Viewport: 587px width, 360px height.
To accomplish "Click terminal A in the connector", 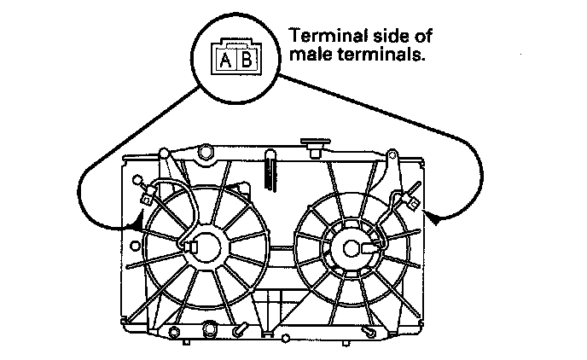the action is (226, 61).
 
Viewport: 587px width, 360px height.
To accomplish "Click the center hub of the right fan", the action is (352, 247).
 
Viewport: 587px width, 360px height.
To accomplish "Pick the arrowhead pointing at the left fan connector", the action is (136, 225).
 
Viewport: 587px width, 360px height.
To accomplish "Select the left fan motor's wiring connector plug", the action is (147, 200).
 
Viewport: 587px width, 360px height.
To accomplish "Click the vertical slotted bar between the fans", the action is (270, 171).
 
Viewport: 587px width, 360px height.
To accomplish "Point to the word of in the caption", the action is (416, 37).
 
